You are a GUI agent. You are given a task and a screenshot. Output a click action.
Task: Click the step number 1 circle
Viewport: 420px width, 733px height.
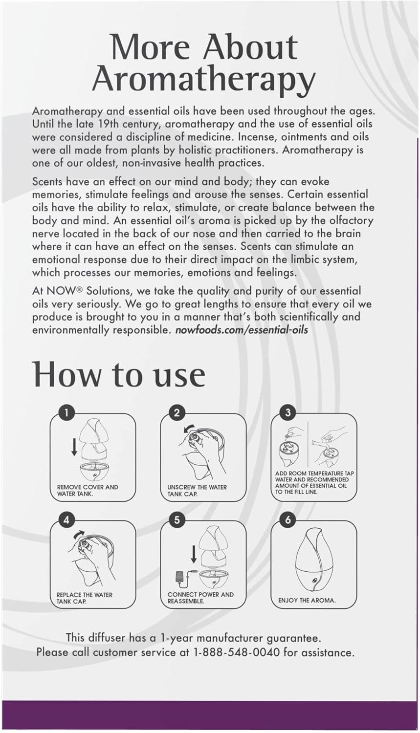pyautogui.click(x=66, y=412)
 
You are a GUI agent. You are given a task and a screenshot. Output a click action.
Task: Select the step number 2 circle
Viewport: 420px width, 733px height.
pyautogui.click(x=177, y=412)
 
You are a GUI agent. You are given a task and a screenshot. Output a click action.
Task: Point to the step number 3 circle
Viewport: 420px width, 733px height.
pyautogui.click(x=287, y=412)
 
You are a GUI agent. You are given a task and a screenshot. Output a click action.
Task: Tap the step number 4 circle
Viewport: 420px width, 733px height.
pyautogui.click(x=66, y=520)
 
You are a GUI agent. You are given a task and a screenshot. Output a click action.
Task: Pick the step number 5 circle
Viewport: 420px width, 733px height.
pyautogui.click(x=177, y=520)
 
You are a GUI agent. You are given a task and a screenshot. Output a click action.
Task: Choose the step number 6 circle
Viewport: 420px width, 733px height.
pyautogui.click(x=287, y=520)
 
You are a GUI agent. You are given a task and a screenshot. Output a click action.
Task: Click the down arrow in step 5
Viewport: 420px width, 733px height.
pyautogui.click(x=194, y=554)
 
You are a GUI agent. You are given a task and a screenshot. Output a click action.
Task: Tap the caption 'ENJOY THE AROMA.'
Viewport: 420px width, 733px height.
pyautogui.click(x=307, y=600)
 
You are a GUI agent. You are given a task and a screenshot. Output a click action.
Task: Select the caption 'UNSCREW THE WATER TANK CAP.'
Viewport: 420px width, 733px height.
pyautogui.click(x=197, y=491)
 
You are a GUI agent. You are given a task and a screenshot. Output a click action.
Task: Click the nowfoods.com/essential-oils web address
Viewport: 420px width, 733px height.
pyautogui.click(x=241, y=329)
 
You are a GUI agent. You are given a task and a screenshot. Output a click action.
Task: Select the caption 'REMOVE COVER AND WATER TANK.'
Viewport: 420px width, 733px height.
pyautogui.click(x=87, y=490)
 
